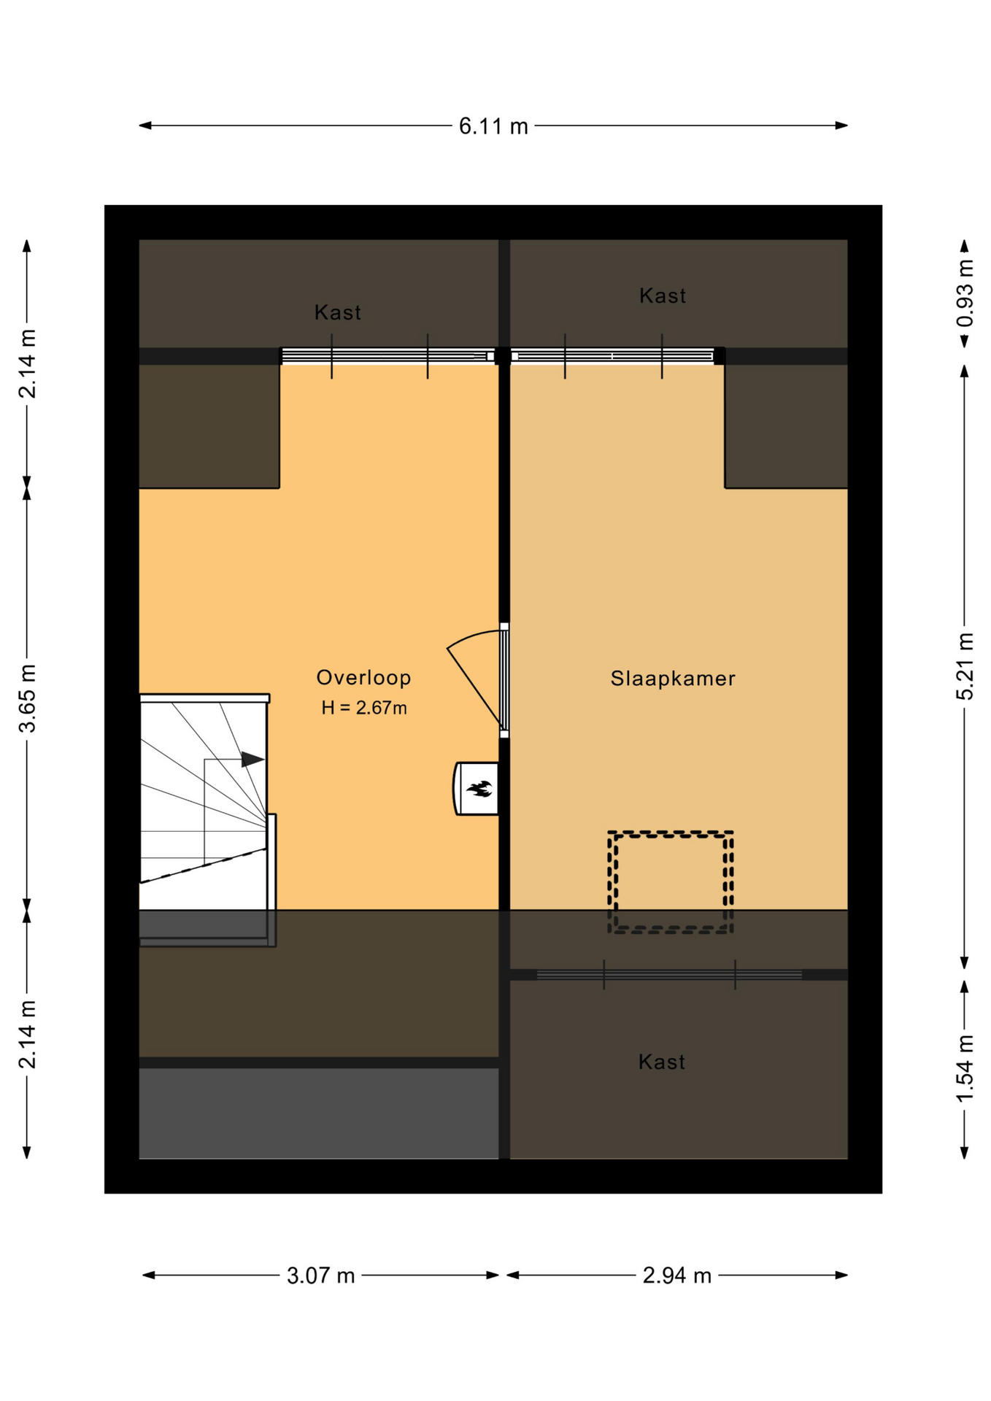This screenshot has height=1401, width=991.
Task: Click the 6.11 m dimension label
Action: tap(493, 126)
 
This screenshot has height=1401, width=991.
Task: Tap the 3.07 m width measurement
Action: tap(320, 1275)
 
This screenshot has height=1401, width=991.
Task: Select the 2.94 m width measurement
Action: tap(676, 1275)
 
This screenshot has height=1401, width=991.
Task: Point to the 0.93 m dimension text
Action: tap(965, 293)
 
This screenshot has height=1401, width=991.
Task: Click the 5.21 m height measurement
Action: tap(965, 667)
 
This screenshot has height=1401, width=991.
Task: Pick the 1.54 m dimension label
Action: tap(965, 1070)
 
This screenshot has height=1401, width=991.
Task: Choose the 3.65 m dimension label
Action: tap(27, 698)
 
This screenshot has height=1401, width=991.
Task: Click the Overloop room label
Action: tap(363, 678)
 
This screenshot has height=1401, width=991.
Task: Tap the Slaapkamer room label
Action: tap(673, 679)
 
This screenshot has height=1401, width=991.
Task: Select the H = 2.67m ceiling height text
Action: tap(364, 708)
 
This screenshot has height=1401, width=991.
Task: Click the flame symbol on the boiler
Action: tap(480, 789)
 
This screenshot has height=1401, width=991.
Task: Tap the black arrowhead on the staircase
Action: tap(252, 759)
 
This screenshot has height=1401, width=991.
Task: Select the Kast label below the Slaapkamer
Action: tap(662, 1062)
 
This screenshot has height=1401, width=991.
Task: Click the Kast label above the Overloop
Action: tap(337, 312)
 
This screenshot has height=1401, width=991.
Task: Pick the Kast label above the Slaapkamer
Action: tap(663, 296)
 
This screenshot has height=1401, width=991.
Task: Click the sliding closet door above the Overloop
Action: tap(387, 356)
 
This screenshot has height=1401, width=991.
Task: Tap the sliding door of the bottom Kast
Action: tap(669, 975)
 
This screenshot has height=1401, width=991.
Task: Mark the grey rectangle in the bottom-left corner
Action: tap(319, 1114)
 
